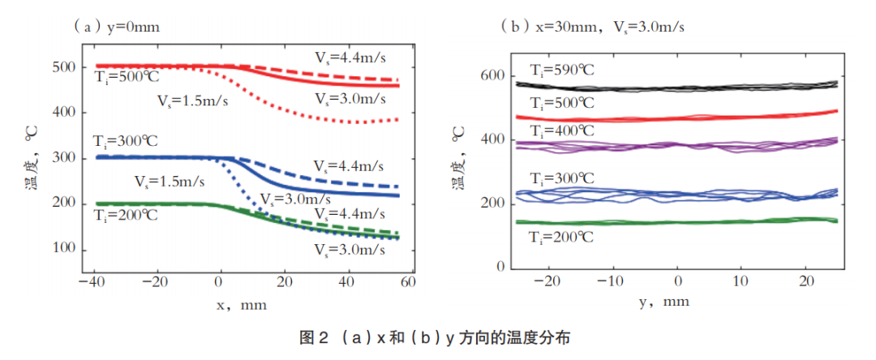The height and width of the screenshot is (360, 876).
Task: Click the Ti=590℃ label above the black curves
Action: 561,71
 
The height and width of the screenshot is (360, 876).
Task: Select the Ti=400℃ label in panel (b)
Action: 561,131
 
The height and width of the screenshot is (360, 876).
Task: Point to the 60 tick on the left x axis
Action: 408,282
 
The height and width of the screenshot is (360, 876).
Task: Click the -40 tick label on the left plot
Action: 91,282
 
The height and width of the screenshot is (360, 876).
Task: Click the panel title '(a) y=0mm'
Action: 117,26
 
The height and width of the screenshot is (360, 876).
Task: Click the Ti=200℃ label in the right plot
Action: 561,238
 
